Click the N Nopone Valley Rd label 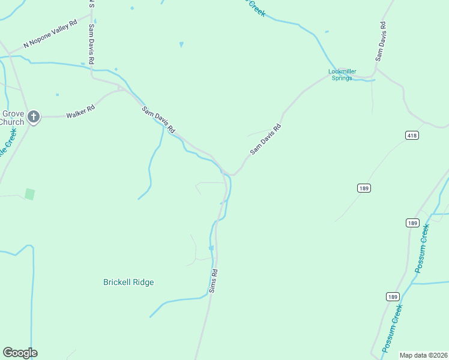(50, 34)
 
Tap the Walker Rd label (80, 112)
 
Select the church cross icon (34, 117)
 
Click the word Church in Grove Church (11, 122)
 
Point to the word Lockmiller (342, 71)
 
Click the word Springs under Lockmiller (342, 78)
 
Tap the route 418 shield (411, 136)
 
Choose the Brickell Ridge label (128, 282)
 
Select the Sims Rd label (213, 280)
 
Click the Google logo (20, 353)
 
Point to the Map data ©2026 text (423, 355)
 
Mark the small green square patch (29, 194)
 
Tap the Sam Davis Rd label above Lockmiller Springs (380, 41)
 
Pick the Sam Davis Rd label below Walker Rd (158, 119)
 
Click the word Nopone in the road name (49, 35)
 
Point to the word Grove (13, 113)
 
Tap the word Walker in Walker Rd (76, 112)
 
